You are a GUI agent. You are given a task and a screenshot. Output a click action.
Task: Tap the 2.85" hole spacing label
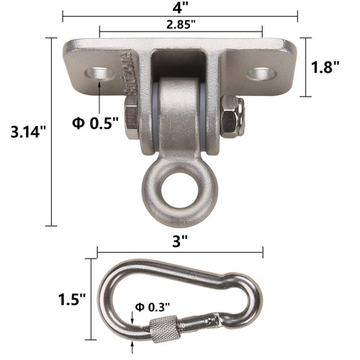(x=180, y=26)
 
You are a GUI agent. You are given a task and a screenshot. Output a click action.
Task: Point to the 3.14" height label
(x=26, y=132)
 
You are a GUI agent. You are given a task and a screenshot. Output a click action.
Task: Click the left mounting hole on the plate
(x=97, y=73)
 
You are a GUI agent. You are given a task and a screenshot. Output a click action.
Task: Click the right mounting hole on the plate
(x=262, y=73)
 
